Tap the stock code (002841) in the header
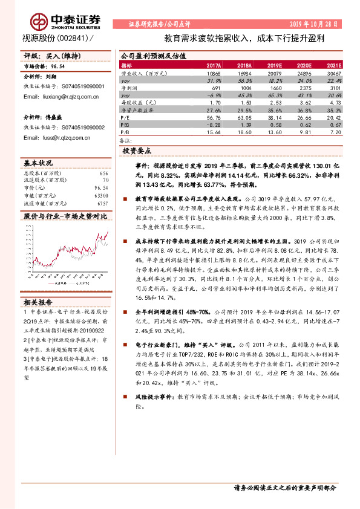point(72,38)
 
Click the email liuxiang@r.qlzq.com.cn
point(62,96)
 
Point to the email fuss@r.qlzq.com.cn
point(58,137)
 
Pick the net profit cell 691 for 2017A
point(216,88)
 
